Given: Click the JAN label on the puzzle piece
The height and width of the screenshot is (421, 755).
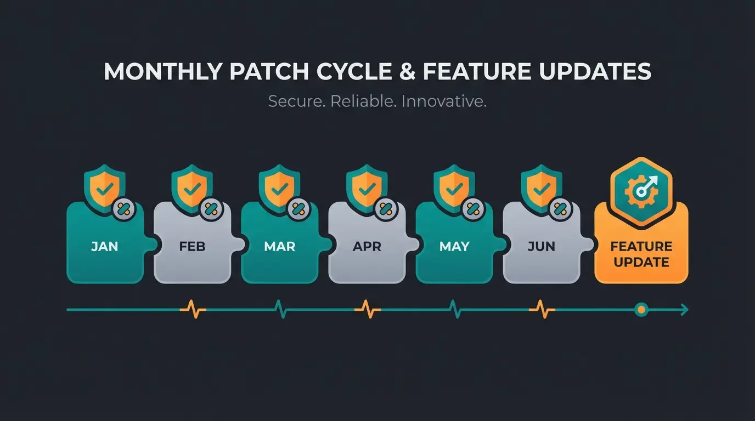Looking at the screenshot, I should [x=104, y=246].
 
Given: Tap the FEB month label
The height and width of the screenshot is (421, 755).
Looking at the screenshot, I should [x=192, y=246].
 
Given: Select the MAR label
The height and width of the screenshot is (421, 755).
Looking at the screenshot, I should [x=279, y=246].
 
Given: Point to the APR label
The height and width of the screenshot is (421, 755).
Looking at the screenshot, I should [x=367, y=246].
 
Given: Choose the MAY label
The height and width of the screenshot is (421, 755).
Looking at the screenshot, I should [x=454, y=246].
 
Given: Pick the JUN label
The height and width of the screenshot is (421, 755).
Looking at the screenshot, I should [x=542, y=246].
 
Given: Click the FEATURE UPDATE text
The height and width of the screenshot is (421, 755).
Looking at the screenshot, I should [x=641, y=254].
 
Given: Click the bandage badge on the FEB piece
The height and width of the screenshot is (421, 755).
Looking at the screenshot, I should [x=211, y=209].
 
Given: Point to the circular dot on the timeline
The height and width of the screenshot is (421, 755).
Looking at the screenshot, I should [x=640, y=310].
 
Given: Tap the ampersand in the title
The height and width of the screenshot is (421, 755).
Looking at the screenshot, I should [x=408, y=72].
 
